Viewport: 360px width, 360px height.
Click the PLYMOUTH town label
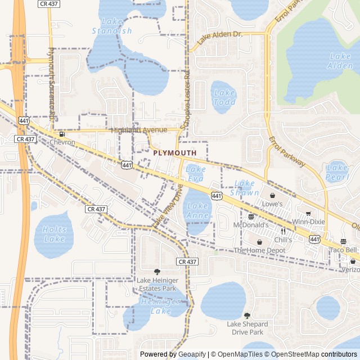(x=175, y=152)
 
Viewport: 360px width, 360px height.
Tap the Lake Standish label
(x=112, y=26)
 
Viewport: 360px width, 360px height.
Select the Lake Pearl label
(x=337, y=172)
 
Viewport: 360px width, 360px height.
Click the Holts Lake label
(x=55, y=234)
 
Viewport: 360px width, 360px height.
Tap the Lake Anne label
(x=197, y=210)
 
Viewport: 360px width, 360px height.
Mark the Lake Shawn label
(x=246, y=188)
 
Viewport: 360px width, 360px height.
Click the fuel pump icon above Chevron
(x=61, y=134)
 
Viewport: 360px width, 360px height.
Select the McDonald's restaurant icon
(x=251, y=216)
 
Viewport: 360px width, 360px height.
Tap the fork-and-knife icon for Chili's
(x=283, y=231)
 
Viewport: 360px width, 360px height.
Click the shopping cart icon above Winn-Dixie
(x=308, y=213)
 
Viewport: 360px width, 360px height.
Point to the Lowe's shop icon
(x=272, y=195)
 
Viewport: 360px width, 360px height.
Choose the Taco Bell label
(x=343, y=250)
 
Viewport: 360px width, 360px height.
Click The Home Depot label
(x=259, y=250)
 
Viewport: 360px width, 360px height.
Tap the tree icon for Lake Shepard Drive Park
(x=247, y=316)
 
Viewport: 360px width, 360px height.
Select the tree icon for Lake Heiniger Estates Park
(x=157, y=272)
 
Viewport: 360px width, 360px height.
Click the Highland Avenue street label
(x=139, y=130)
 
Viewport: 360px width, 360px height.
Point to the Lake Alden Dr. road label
(x=219, y=37)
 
